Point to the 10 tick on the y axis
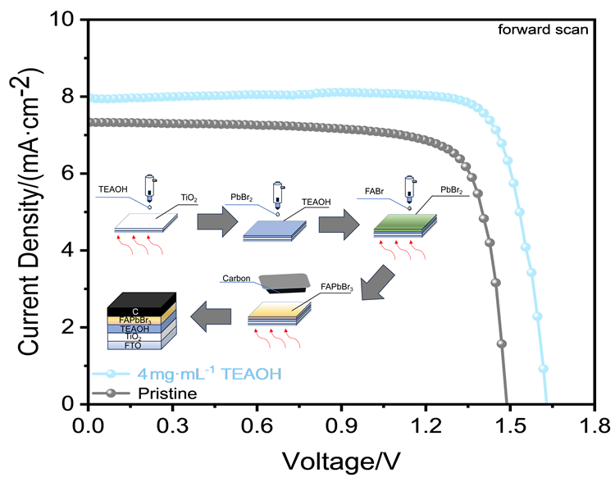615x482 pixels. coord(67,20)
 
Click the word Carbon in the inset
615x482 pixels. coord(237,279)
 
